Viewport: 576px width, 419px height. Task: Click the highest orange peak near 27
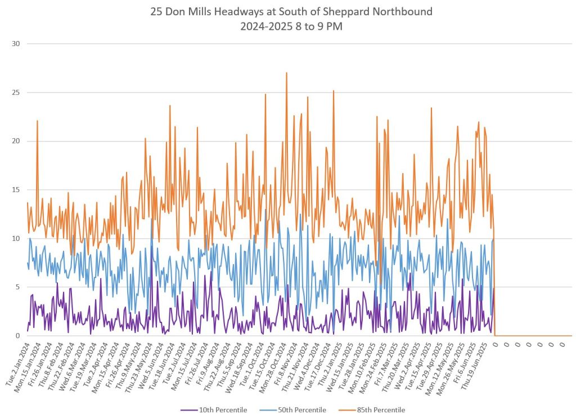click(x=286, y=73)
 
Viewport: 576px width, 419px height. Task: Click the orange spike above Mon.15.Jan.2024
click(x=37, y=121)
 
